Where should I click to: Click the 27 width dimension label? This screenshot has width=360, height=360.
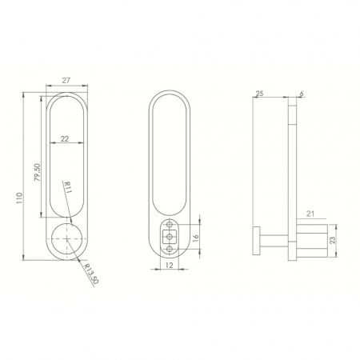pyautogui.click(x=66, y=81)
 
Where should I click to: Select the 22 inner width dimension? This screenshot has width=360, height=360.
pyautogui.click(x=65, y=138)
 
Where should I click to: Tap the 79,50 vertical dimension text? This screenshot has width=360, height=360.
pyautogui.click(x=38, y=173)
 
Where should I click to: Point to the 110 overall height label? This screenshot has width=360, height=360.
pyautogui.click(x=19, y=198)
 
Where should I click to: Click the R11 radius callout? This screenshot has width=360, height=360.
pyautogui.click(x=66, y=188)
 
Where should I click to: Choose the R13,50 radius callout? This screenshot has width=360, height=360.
pyautogui.click(x=91, y=274)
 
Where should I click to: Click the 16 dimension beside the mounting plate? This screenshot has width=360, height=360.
pyautogui.click(x=195, y=237)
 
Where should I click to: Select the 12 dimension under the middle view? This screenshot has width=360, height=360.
pyautogui.click(x=170, y=265)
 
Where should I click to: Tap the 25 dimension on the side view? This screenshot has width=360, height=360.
pyautogui.click(x=259, y=94)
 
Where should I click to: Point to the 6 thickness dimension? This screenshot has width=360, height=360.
pyautogui.click(x=302, y=94)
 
